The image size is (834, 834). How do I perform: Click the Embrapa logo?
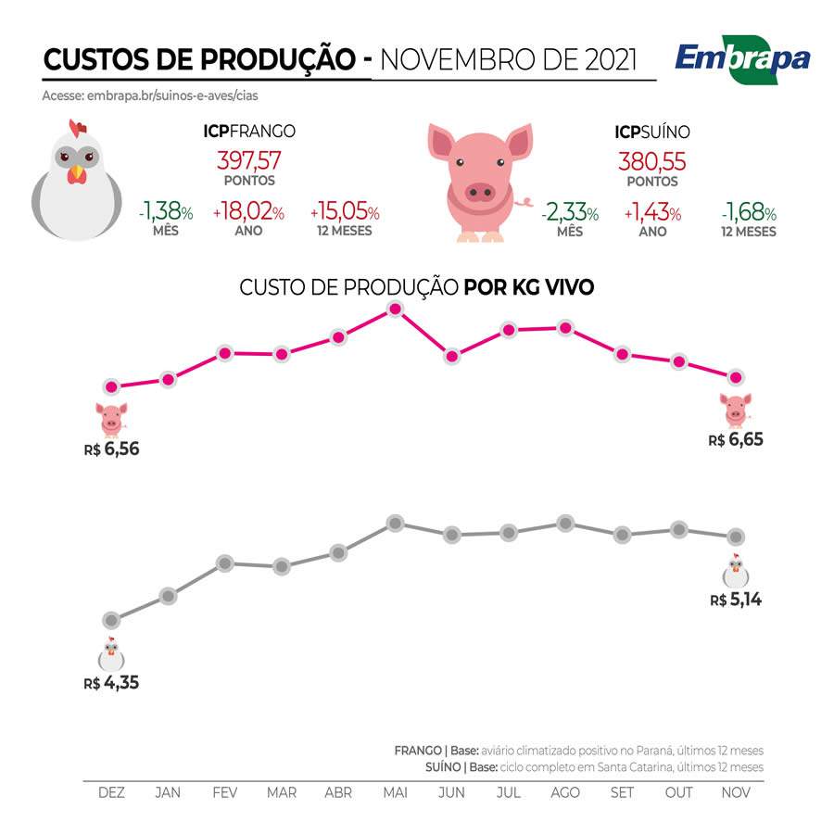click(742, 59)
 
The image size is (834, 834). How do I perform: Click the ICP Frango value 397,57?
click(249, 159)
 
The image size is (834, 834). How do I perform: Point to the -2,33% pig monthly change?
click(570, 213)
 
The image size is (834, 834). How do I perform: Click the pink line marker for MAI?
click(395, 309)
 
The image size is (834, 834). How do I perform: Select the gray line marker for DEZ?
click(111, 620)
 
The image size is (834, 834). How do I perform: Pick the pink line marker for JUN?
click(451, 356)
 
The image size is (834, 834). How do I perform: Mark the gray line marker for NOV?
click(736, 537)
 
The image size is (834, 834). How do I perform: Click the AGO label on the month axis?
click(565, 793)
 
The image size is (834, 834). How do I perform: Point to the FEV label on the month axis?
click(224, 793)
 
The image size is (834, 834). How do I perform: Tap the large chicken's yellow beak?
click(77, 173)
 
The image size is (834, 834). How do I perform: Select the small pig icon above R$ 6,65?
click(737, 409)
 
